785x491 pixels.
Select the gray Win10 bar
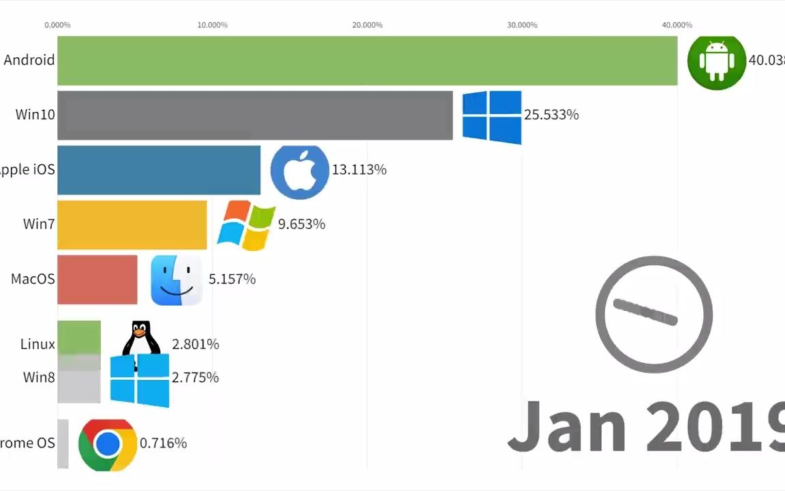(x=255, y=115)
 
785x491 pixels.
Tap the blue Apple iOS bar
(x=159, y=170)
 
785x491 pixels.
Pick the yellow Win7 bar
(x=132, y=224)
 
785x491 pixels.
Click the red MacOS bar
(x=97, y=280)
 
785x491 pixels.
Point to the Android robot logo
(x=716, y=61)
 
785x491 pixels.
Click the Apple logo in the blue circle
(x=300, y=170)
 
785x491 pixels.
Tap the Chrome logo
(x=108, y=445)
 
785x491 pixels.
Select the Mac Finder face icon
(x=176, y=280)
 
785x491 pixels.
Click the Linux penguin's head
(x=140, y=331)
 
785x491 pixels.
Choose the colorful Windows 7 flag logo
(x=246, y=225)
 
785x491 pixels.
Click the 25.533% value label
(x=551, y=115)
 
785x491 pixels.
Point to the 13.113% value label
(x=359, y=170)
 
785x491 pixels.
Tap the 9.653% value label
(x=301, y=224)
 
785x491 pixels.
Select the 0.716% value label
(x=163, y=443)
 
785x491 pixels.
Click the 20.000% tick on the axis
(x=367, y=25)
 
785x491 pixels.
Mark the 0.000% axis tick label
(x=57, y=25)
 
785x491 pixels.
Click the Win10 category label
(x=35, y=115)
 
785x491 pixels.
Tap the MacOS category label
(x=33, y=279)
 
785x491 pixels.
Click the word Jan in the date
(x=567, y=426)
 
